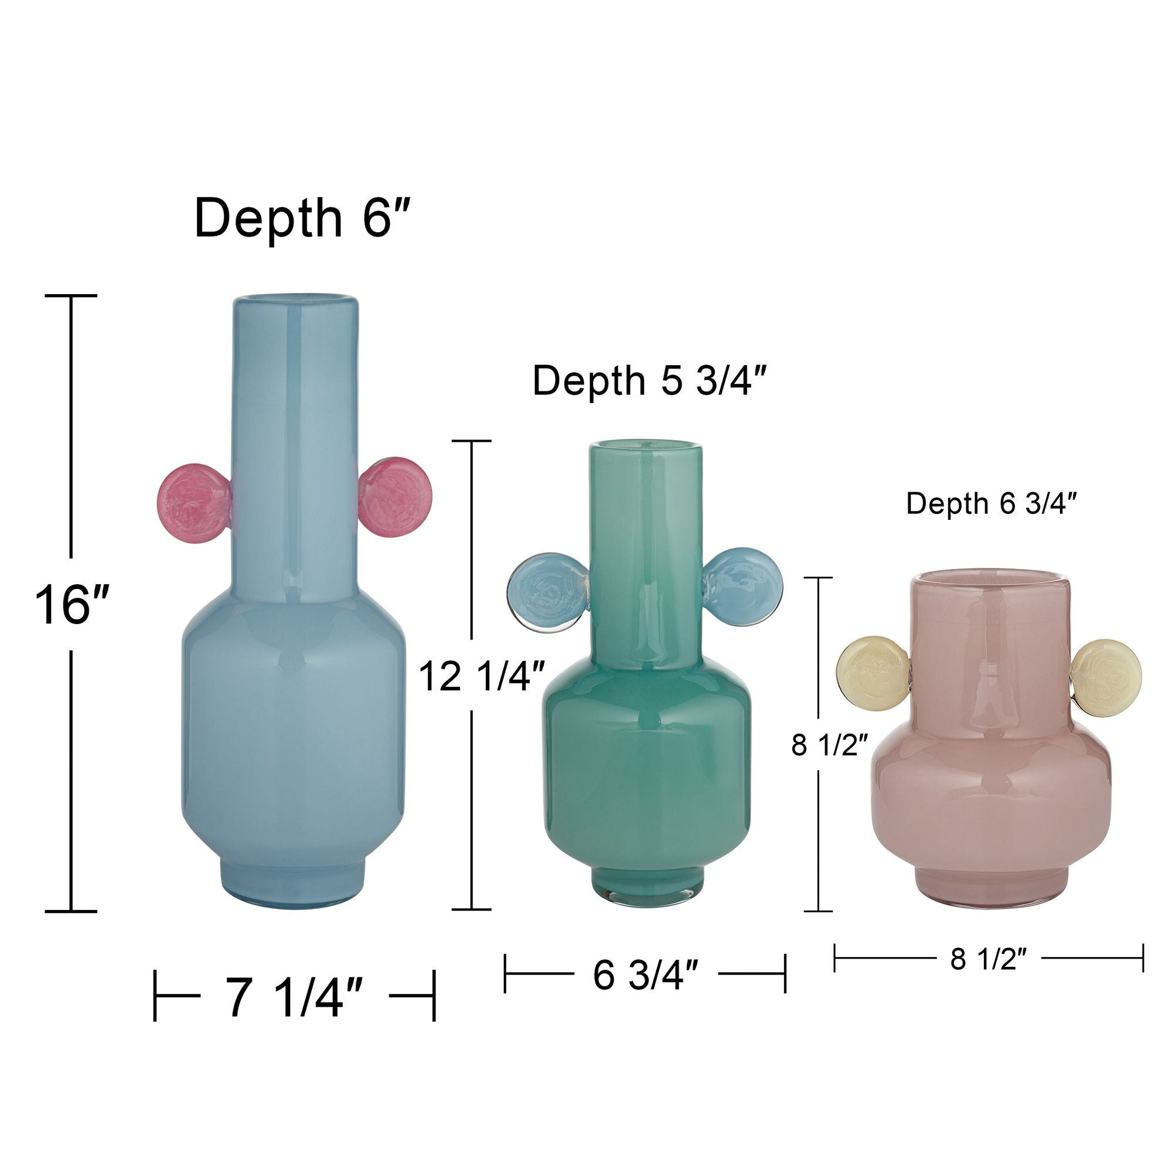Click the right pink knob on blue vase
pyautogui.click(x=396, y=498)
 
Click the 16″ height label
pyautogui.click(x=71, y=604)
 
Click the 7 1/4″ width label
pyautogui.click(x=294, y=997)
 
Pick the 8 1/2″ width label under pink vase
pyautogui.click(x=988, y=959)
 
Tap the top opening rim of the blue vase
pyautogui.click(x=295, y=300)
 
